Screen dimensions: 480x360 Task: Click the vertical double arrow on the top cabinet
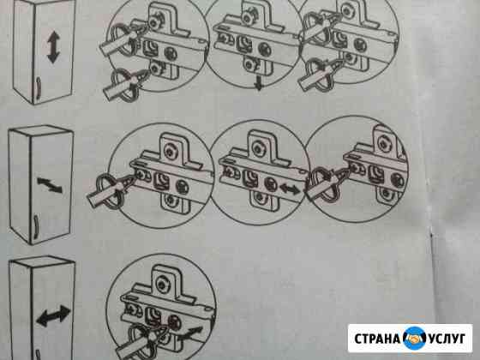click(53, 47)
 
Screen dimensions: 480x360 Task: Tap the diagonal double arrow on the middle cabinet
click(50, 184)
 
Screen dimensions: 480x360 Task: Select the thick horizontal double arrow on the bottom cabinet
click(53, 315)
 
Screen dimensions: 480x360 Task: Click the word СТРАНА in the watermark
click(377, 339)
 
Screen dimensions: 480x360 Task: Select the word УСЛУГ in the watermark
click(447, 339)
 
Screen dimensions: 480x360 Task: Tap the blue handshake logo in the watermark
click(414, 339)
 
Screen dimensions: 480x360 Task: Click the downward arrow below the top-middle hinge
click(259, 82)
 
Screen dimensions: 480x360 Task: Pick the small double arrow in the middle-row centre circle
click(290, 189)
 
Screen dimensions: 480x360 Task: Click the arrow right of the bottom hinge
click(190, 333)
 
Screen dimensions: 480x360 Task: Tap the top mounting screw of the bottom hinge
click(162, 284)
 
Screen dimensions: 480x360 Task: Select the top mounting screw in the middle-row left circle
click(169, 151)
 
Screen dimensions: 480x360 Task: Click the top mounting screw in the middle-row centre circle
click(257, 148)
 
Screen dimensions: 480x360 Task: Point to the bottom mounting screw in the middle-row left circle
click(171, 201)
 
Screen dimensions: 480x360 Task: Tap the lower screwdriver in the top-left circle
click(125, 82)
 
